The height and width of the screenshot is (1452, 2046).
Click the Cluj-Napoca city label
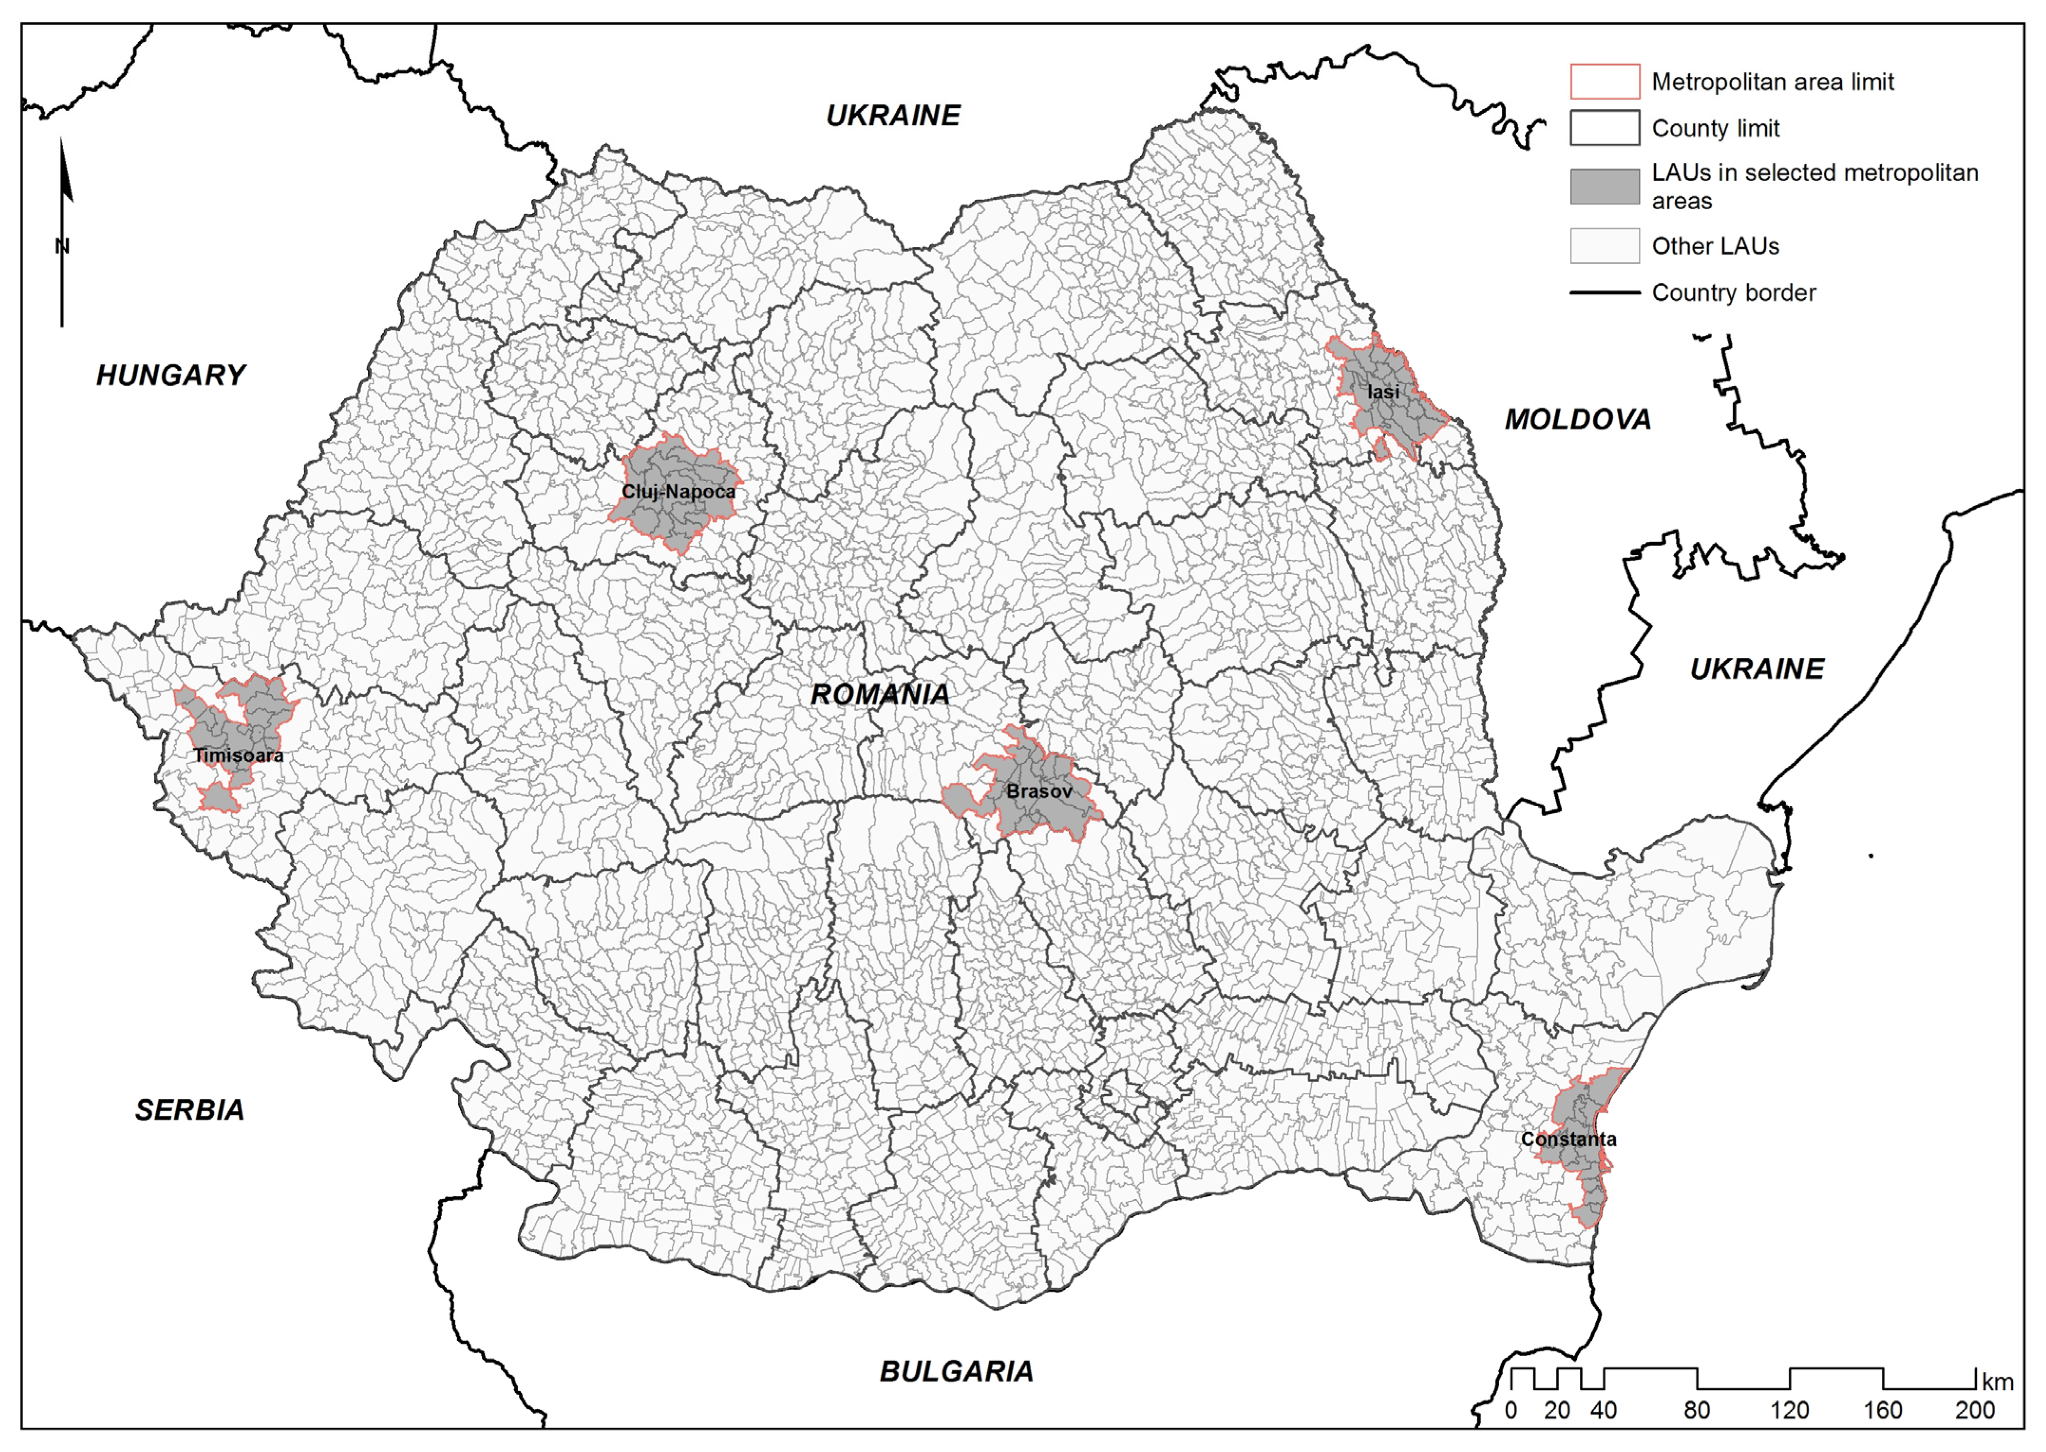click(679, 492)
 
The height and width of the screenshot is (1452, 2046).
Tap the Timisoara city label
click(239, 755)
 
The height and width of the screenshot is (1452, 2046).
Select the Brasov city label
click(1039, 791)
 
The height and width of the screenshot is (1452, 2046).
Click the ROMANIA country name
click(880, 695)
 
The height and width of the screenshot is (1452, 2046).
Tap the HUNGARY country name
click(171, 375)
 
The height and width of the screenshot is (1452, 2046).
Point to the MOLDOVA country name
click(1577, 419)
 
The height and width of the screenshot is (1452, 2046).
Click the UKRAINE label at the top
click(892, 115)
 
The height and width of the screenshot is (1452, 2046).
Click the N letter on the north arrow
click(62, 246)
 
